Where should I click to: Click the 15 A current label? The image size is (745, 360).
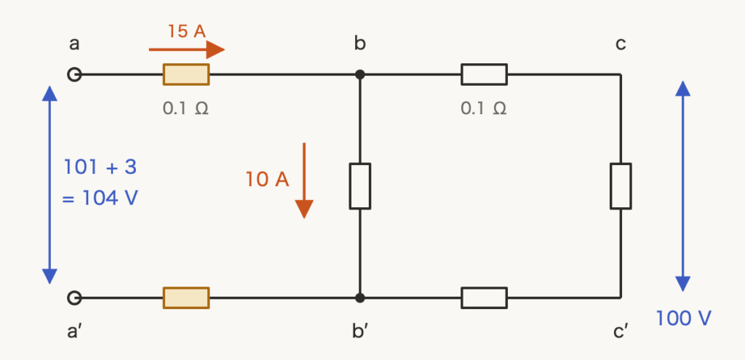point(187,31)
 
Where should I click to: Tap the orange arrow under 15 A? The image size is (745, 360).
point(187,49)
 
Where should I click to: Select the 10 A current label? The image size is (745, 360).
point(267,180)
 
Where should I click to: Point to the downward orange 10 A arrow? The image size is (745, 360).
point(304,180)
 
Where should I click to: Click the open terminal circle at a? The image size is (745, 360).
point(74,75)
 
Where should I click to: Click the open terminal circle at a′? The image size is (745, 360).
point(74,297)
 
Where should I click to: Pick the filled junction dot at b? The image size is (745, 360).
point(360,75)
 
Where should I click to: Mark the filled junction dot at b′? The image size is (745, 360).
point(360,297)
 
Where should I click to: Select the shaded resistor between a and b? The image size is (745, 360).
point(186,75)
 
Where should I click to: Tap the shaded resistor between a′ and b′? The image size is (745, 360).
point(186,297)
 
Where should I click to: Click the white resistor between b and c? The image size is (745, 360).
point(484,75)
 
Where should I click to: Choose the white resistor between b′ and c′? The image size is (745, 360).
point(484,297)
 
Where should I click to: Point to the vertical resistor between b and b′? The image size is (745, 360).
point(360,186)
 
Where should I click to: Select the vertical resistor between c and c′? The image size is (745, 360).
point(621,186)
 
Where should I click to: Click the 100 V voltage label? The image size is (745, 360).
point(683,319)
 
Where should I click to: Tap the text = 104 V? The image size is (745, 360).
point(100,198)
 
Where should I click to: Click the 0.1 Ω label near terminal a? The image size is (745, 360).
point(186,109)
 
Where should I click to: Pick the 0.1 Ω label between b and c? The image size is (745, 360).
point(484,109)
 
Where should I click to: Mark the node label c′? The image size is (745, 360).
point(621,332)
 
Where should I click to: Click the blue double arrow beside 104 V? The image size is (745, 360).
point(49,185)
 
